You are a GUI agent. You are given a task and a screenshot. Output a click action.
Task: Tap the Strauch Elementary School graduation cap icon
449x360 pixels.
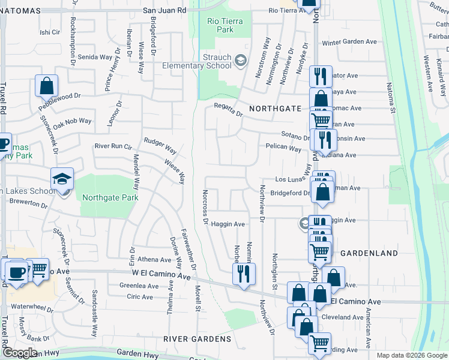coord(240,60)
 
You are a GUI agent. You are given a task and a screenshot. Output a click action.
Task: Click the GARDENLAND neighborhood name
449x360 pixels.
coord(369,254)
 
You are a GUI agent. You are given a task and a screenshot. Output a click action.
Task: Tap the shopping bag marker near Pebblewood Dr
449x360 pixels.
coord(47,86)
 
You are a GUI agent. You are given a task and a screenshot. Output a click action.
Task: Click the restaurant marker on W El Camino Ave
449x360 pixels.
coord(244,274)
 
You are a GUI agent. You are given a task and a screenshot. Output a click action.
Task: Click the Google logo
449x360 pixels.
coord(20,353)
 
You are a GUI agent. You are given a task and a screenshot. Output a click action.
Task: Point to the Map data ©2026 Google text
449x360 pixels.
coord(411,355)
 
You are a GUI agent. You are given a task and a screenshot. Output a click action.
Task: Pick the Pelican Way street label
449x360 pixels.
coord(283,148)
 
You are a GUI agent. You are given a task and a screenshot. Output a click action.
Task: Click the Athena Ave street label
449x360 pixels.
coord(154,260)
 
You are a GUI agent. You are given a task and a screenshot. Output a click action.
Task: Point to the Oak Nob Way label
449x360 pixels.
coord(72,121)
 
